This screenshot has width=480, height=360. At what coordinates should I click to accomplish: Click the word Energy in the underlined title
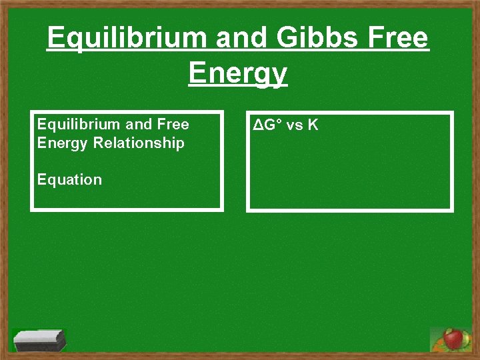coord(237,73)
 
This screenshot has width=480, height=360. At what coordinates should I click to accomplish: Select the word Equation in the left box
coord(69,179)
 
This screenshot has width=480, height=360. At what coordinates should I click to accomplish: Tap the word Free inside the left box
coord(174,125)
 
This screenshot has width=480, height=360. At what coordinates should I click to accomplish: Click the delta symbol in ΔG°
coord(257,125)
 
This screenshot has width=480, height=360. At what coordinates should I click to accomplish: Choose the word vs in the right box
coord(293,125)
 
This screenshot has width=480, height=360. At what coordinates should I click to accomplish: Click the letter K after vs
coord(313,125)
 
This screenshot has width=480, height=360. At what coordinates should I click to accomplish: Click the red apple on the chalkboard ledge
coord(454,339)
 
